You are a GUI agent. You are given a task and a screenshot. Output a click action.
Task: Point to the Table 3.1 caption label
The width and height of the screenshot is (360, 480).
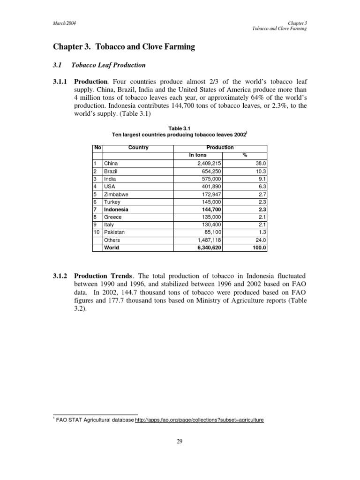point(180,128)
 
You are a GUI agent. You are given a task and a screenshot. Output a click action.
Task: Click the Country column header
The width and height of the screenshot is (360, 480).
point(138,148)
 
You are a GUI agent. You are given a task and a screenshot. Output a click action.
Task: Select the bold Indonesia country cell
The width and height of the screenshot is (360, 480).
point(116,209)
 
